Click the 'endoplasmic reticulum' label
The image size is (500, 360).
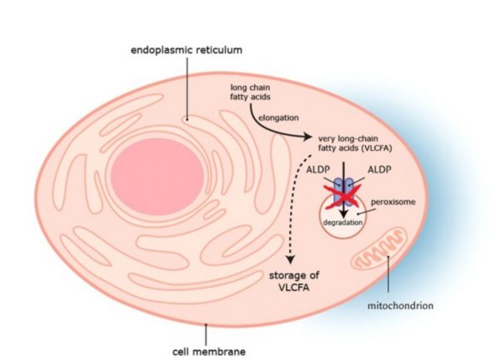pos(186,50)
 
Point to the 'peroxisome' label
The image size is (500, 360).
pos(397,202)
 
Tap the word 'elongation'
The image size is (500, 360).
pos(282,117)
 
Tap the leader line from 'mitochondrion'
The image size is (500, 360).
pos(391,280)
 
